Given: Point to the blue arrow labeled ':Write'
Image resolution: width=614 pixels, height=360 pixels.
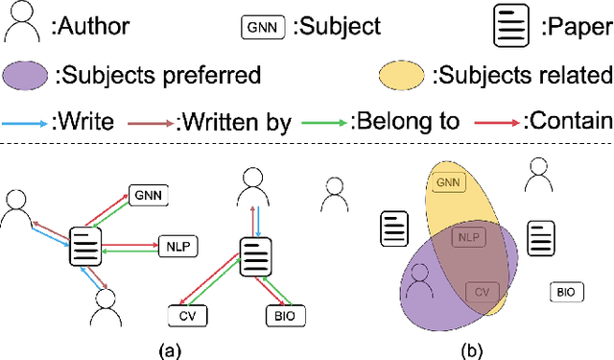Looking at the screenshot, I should [28, 121].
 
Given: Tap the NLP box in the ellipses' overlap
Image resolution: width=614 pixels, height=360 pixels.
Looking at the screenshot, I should [467, 237].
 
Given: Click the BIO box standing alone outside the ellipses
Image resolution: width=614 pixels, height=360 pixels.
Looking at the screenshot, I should [564, 291].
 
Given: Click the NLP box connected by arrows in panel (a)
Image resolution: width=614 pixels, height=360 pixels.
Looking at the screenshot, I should [177, 247].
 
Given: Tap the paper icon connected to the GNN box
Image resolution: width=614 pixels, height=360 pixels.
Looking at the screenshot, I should [86, 247].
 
